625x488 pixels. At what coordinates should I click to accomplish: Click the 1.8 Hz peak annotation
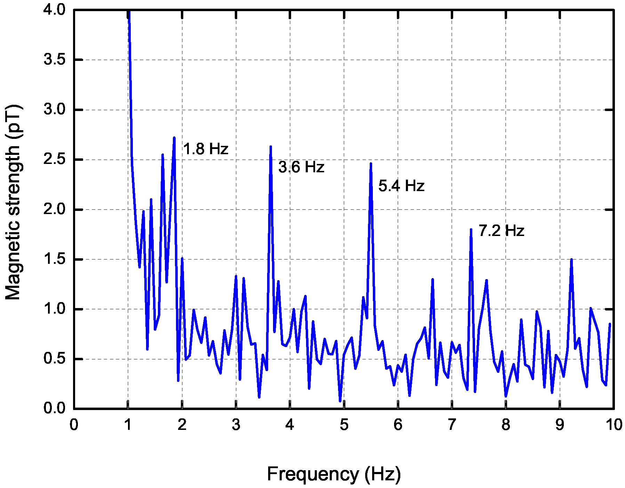(x=206, y=149)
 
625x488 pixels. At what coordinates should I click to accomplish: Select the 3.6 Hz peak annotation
(x=301, y=167)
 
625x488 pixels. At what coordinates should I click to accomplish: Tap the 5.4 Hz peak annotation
(x=401, y=186)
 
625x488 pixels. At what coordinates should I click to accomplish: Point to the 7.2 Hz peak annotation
(x=501, y=231)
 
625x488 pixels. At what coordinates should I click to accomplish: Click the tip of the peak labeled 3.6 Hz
(x=271, y=147)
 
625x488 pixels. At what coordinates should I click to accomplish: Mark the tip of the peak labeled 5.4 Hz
(x=371, y=163)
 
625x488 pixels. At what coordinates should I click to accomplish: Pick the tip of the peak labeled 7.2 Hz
(x=471, y=229)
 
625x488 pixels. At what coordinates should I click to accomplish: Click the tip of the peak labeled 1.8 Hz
(x=174, y=137)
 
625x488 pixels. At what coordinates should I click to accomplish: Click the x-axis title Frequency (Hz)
(x=334, y=474)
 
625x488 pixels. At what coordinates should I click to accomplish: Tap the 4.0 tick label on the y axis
(x=54, y=10)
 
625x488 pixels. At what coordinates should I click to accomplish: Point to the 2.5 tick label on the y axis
(x=54, y=159)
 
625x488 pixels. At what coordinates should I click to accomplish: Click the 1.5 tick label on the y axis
(x=54, y=259)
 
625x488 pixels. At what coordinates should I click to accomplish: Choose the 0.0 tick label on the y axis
(x=54, y=408)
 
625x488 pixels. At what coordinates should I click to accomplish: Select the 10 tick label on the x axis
(x=614, y=425)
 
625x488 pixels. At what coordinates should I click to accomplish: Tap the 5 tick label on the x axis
(x=344, y=425)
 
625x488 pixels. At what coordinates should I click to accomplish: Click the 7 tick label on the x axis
(x=452, y=425)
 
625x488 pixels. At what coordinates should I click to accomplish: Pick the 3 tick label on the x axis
(x=236, y=425)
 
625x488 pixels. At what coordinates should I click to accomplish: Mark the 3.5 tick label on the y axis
(x=54, y=60)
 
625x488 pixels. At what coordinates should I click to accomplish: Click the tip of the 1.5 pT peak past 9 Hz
(x=571, y=259)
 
